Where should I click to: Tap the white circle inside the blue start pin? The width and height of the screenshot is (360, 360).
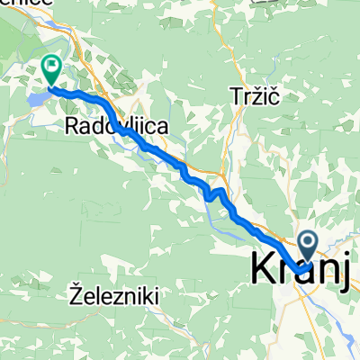308,239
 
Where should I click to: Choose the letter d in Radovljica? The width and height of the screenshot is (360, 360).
97,129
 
